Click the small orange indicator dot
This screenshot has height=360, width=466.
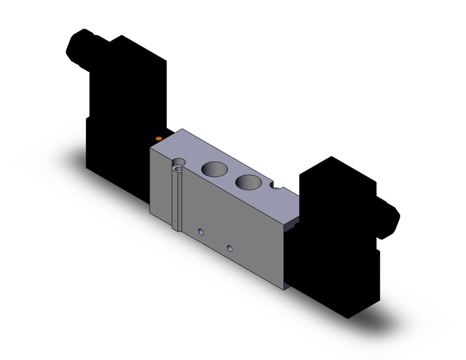pyautogui.click(x=159, y=139)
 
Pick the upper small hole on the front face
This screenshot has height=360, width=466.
pyautogui.click(x=201, y=232)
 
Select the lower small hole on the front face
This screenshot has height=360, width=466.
pyautogui.click(x=229, y=248)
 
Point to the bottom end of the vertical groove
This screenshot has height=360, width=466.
pyautogui.click(x=177, y=228)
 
